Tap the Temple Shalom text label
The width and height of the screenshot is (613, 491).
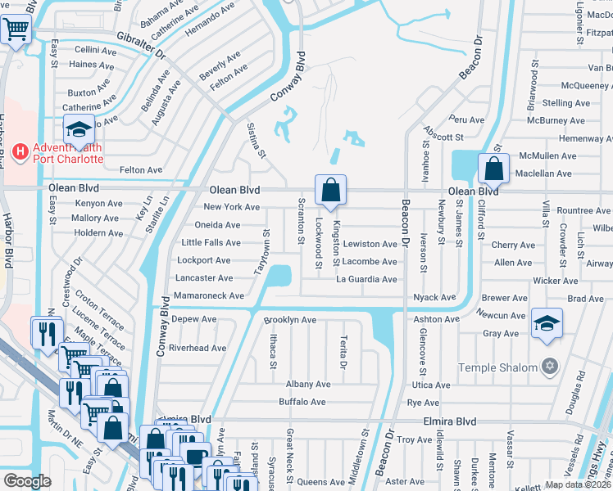[497, 367]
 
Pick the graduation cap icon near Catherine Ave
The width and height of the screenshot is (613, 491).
[79, 130]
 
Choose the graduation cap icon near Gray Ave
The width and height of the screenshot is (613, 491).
[547, 322]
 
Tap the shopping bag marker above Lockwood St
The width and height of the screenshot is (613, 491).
[329, 190]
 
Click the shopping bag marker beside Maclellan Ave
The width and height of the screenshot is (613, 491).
[493, 169]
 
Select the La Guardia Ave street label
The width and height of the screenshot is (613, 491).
[366, 279]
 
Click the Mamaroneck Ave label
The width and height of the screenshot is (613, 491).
[208, 295]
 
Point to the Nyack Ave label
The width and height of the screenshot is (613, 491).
[434, 298]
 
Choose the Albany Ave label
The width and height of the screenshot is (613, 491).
[307, 384]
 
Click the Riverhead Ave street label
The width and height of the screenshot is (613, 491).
[197, 348]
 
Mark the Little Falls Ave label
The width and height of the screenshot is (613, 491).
[211, 243]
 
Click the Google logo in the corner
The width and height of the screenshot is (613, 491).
[27, 481]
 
